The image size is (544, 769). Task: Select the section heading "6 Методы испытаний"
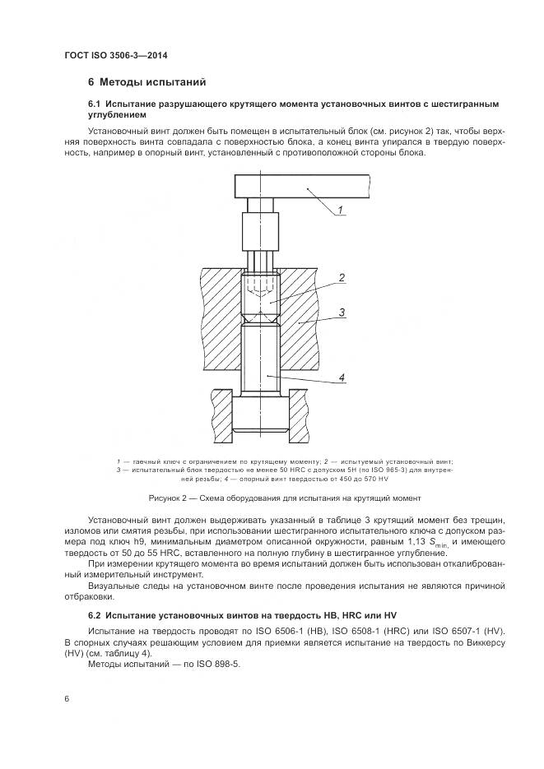[x=147, y=82]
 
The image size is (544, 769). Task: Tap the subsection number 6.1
[x=94, y=104]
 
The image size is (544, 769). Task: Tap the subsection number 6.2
[x=94, y=615]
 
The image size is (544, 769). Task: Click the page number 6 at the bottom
[x=66, y=698]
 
